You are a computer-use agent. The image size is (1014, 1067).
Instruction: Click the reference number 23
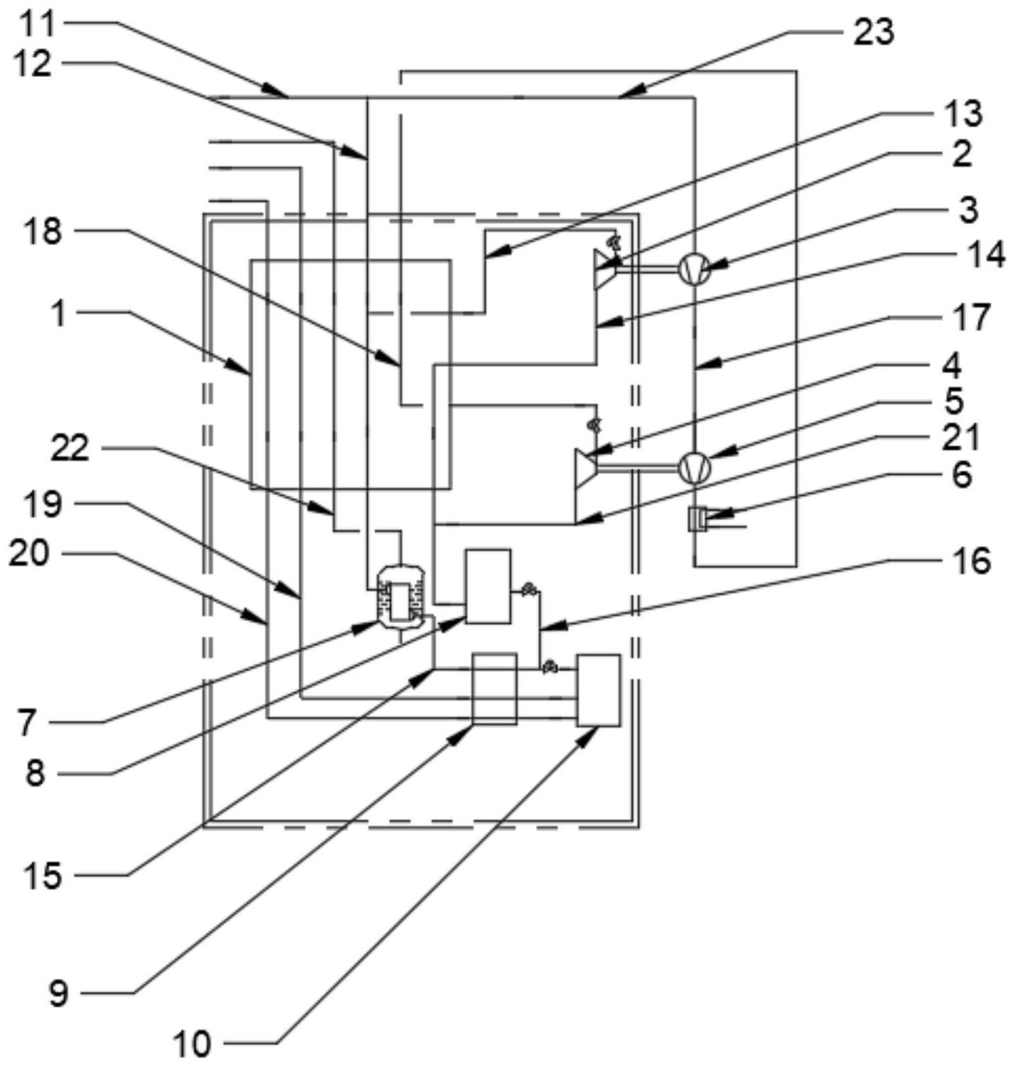click(x=873, y=32)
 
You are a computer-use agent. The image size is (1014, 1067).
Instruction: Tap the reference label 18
click(x=42, y=232)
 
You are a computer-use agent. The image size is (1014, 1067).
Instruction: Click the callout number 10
click(x=192, y=1044)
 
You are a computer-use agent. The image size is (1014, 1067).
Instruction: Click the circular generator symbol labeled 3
click(x=695, y=268)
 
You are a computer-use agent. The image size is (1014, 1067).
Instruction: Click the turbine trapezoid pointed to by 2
click(x=605, y=270)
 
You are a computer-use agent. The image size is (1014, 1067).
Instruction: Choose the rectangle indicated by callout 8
click(x=488, y=586)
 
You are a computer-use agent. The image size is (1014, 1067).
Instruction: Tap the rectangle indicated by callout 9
click(x=494, y=688)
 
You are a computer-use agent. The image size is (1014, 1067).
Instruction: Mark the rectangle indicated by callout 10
click(x=599, y=690)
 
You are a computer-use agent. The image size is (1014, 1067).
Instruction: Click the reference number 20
click(x=29, y=554)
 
